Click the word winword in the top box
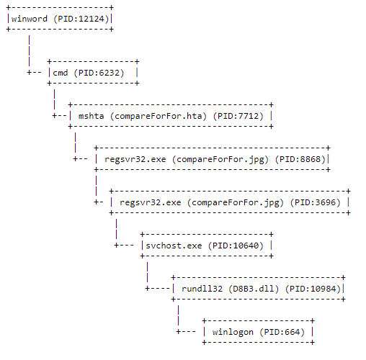pos(30,18)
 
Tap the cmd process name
pos(60,72)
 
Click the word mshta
pos(91,115)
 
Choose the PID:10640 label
pos(238,246)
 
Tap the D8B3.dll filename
pos(254,289)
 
